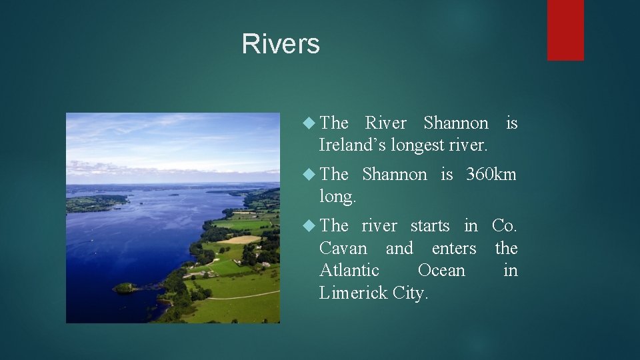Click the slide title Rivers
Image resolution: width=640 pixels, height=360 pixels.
click(281, 44)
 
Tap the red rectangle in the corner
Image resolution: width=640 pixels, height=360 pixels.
click(565, 30)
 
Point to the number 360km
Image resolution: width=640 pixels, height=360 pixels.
click(491, 175)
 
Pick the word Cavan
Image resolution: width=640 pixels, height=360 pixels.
click(343, 249)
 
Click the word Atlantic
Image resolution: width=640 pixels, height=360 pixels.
click(349, 271)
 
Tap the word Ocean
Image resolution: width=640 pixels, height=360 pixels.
click(441, 271)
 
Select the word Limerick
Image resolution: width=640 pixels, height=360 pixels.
click(351, 293)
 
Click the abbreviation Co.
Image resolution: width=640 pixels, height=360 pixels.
click(505, 226)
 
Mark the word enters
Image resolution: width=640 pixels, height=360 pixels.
click(454, 249)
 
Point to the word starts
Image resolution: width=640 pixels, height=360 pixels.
click(431, 226)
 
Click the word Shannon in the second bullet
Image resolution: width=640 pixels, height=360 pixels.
click(394, 175)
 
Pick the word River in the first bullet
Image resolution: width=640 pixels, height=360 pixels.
click(385, 123)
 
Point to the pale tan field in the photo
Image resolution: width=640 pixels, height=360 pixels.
click(242, 239)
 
